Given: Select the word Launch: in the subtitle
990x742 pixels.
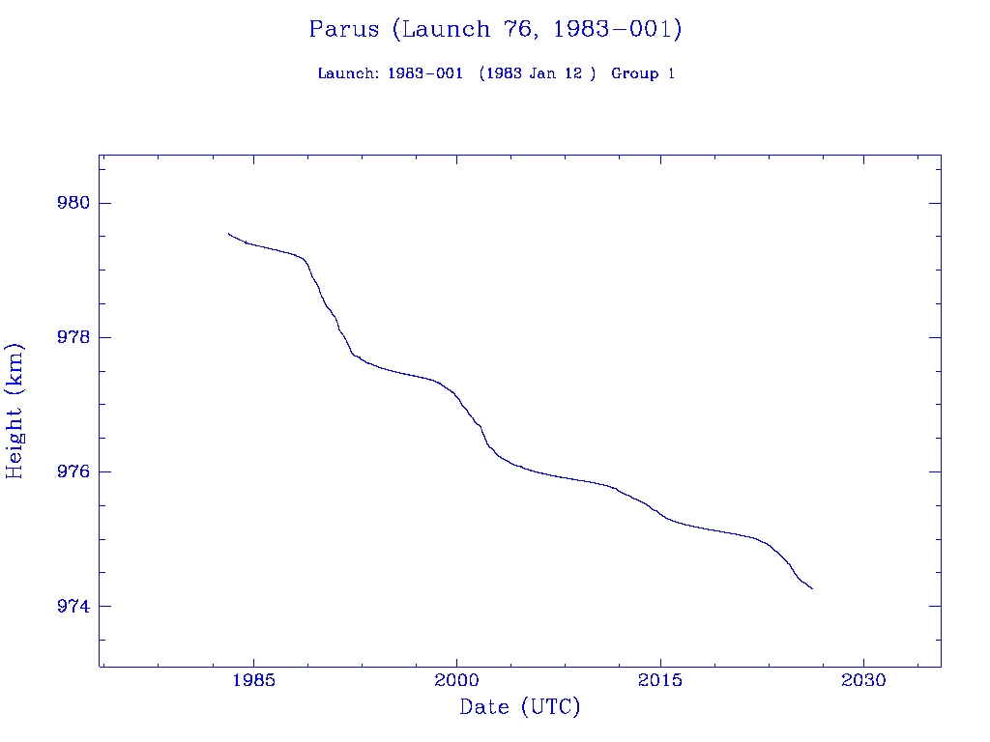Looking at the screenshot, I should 348,74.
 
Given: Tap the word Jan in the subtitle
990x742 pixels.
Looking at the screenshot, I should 549,74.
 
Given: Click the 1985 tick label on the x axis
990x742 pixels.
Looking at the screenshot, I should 253,680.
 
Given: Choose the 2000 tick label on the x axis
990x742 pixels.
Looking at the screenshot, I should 456,680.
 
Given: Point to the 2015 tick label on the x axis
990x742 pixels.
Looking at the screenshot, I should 660,680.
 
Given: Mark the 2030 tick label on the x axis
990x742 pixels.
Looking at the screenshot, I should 863,680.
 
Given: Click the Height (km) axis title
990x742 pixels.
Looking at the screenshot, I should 15,411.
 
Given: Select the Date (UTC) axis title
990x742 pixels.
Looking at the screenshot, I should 520,708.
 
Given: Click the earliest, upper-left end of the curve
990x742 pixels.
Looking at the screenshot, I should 228,233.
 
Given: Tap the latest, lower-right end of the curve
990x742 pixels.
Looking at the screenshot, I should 812,588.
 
